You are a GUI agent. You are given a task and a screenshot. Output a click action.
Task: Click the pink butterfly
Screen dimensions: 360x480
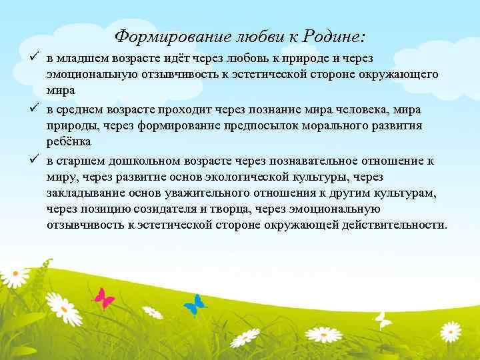103,297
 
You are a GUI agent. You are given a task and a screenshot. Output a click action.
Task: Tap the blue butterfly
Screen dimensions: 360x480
195,304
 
